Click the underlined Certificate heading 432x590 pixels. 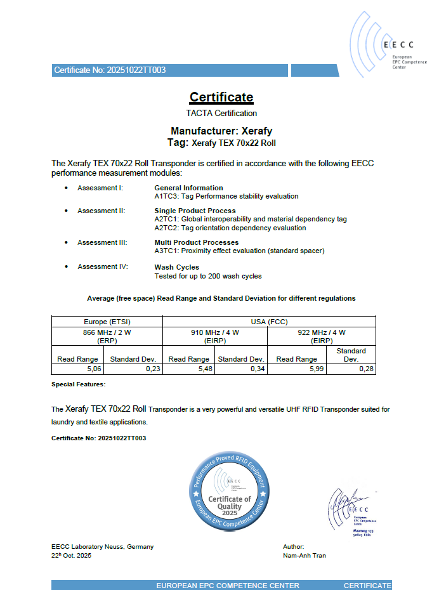221,97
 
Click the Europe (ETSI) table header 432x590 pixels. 107,322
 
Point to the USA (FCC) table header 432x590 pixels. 270,322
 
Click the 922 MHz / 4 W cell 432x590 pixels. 322,332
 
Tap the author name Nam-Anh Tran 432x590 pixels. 304,556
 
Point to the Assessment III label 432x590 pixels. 102,242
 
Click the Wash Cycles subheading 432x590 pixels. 176,267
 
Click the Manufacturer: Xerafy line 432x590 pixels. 221,131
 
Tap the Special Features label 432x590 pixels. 78,384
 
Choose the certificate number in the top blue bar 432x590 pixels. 110,70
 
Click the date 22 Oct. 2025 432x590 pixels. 72,556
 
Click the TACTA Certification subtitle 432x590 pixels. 221,113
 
